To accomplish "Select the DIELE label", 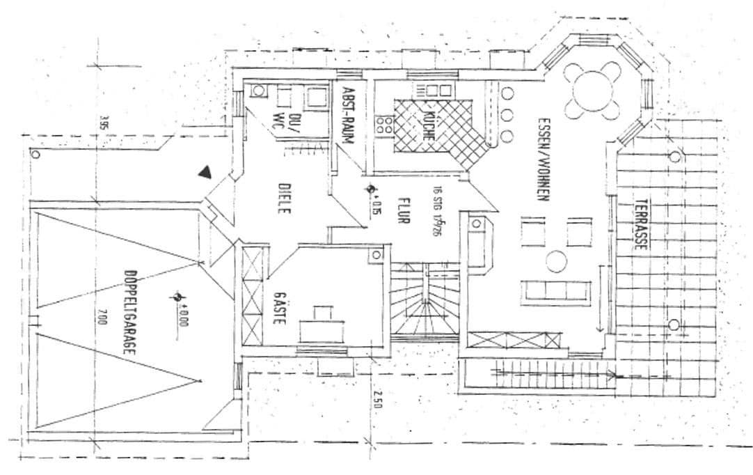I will [283, 198].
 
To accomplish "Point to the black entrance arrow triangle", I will [204, 172].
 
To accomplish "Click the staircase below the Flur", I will [425, 299].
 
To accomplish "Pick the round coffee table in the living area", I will [557, 261].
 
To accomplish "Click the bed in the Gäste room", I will [322, 324].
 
